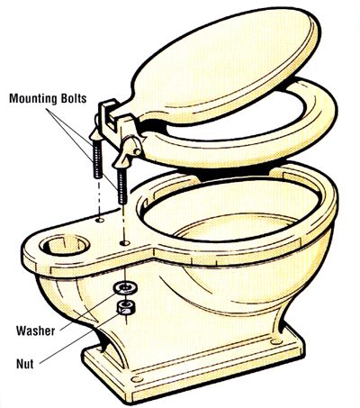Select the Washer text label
pos(36,331)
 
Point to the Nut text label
pos(24,364)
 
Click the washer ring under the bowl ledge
pos(125,287)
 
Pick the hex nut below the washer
pos(126,307)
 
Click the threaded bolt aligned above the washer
pos(122,186)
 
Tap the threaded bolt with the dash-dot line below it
pos(98,159)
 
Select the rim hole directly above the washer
pos(124,242)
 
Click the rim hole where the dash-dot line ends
pos(100,221)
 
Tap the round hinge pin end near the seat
pos(138,151)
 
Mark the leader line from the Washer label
pos(88,311)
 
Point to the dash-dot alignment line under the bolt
pos(99,198)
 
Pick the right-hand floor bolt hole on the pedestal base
pos(275,341)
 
